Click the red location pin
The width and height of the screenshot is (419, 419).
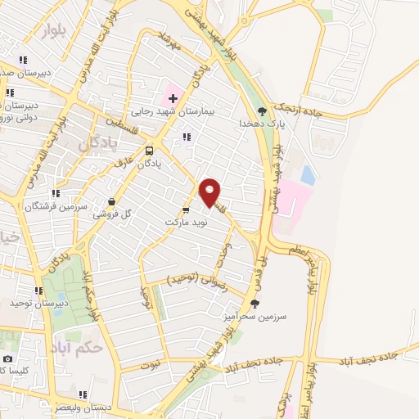(210, 191)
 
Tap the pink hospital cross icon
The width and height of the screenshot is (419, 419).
(173, 98)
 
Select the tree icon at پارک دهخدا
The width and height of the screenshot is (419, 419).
(262, 111)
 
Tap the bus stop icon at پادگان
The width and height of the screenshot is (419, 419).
(149, 151)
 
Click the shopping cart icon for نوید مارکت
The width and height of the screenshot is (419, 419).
(186, 210)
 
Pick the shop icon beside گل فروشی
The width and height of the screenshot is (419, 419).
(111, 201)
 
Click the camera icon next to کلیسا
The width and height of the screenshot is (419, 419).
(8, 358)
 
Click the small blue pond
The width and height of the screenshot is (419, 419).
(307, 174)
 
